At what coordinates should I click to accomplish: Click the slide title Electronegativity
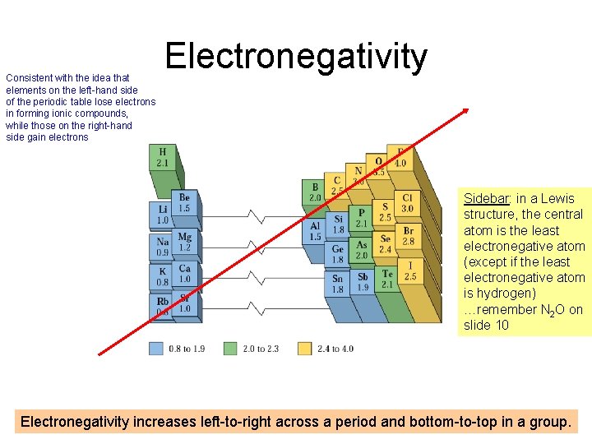pyautogui.click(x=296, y=58)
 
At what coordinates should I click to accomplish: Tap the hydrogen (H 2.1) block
pyautogui.click(x=162, y=158)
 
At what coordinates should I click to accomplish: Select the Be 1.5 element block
pyautogui.click(x=184, y=203)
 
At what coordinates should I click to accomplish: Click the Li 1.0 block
pyautogui.click(x=162, y=215)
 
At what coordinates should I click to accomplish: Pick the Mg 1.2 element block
pyautogui.click(x=184, y=242)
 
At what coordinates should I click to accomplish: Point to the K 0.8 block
pyautogui.click(x=162, y=275)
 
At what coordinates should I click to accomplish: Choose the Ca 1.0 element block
pyautogui.click(x=184, y=274)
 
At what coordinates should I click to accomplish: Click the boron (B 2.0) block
pyautogui.click(x=315, y=193)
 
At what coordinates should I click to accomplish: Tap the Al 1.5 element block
pyautogui.click(x=315, y=231)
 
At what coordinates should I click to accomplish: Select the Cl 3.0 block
pyautogui.click(x=407, y=203)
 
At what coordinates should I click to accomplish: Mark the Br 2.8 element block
pyautogui.click(x=408, y=237)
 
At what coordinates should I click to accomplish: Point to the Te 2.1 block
pyautogui.click(x=386, y=279)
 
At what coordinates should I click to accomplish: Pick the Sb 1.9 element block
pyautogui.click(x=362, y=283)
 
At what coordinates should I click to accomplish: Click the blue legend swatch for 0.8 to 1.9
pyautogui.click(x=156, y=349)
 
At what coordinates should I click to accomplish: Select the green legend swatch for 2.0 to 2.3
pyautogui.click(x=230, y=349)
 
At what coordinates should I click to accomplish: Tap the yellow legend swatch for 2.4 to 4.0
pyautogui.click(x=305, y=349)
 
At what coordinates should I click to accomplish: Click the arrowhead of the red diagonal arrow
pyautogui.click(x=465, y=112)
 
